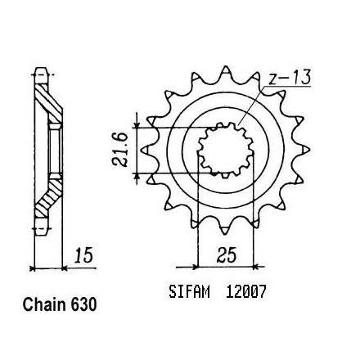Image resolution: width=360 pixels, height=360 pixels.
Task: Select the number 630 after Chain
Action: [x=83, y=304]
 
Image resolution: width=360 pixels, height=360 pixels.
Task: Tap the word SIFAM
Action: [x=190, y=292]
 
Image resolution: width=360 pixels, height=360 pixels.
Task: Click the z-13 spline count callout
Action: [x=290, y=77]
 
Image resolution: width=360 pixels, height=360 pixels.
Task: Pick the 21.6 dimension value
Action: [x=120, y=150]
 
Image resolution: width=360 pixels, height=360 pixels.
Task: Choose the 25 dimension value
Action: [x=227, y=255]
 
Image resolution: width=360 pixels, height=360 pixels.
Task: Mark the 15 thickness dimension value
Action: [x=83, y=255]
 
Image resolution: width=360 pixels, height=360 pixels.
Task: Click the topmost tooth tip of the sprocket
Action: [x=225, y=66]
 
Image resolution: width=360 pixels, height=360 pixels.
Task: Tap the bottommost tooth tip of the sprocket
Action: [x=225, y=234]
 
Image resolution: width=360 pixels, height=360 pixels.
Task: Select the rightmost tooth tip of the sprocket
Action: [x=310, y=149]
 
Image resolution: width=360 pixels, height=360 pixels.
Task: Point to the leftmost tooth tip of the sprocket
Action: [x=142, y=150]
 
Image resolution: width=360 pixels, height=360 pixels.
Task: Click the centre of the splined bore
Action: [x=226, y=151]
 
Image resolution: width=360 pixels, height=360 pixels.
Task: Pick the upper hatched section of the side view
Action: [x=48, y=101]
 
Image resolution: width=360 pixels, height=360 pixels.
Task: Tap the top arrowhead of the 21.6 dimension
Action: [x=137, y=125]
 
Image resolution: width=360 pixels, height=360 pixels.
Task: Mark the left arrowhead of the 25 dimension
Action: [x=195, y=267]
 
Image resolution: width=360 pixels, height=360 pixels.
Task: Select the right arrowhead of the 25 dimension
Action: [x=256, y=267]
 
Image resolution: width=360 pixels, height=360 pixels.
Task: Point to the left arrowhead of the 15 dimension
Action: [x=32, y=268]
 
